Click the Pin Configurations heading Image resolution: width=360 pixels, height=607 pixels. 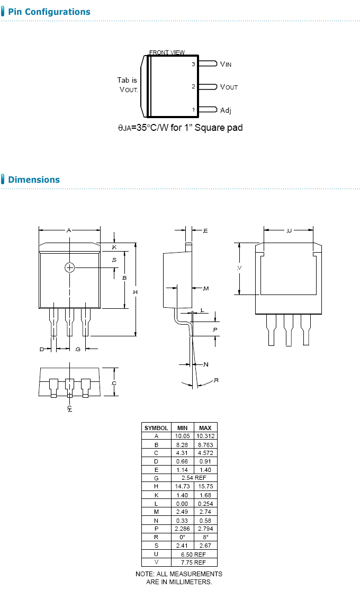click(49, 12)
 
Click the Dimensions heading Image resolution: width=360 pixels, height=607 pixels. click(34, 180)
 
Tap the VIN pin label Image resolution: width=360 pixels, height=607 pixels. click(226, 64)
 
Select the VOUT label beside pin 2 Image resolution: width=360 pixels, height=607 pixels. click(229, 87)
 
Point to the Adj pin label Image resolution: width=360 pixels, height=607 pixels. click(226, 110)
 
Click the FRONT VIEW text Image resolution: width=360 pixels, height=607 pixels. click(167, 52)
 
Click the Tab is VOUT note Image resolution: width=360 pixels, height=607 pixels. click(128, 85)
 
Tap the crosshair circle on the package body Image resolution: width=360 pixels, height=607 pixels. click(70, 267)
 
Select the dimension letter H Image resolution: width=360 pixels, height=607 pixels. click(135, 292)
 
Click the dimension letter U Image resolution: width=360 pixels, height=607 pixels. click(289, 230)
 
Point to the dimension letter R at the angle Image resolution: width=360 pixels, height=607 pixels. click(217, 380)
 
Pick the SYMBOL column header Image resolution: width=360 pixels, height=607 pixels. click(156, 427)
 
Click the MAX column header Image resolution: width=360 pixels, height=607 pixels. click(205, 427)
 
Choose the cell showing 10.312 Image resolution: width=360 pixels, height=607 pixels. click(205, 436)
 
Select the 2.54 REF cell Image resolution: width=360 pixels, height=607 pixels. click(193, 478)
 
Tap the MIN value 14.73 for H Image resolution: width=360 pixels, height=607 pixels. click(182, 486)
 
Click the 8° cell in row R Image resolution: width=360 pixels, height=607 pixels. click(205, 537)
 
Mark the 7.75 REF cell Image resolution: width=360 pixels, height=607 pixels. click(193, 563)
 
